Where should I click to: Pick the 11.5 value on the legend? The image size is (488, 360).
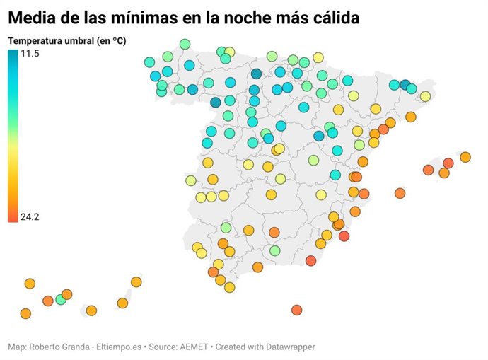[30, 54]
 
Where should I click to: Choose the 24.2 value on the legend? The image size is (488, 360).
[30, 217]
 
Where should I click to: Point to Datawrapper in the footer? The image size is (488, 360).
[289, 347]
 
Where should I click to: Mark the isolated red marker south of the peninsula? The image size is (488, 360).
[296, 310]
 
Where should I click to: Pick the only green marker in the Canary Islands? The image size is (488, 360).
[60, 299]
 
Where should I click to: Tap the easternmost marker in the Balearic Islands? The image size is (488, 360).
[465, 157]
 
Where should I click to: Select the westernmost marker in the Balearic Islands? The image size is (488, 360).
[400, 193]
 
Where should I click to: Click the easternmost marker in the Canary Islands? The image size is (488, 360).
[136, 282]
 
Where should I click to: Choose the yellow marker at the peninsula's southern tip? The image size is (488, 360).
[229, 287]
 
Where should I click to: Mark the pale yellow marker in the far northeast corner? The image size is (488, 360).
[425, 96]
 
